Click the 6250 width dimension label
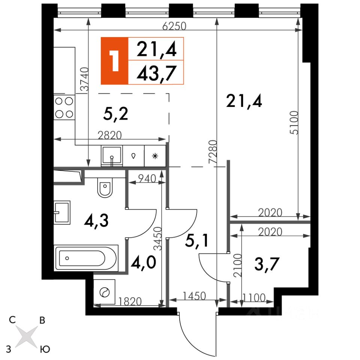tap(174, 26)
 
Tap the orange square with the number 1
tap(115, 61)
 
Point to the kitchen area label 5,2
tap(115, 114)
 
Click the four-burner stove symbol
tap(64, 108)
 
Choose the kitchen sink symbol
tap(112, 156)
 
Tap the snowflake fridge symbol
tap(155, 156)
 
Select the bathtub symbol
tap(86, 258)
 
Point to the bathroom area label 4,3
tap(96, 220)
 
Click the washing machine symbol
tap(105, 292)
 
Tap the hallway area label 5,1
tap(196, 241)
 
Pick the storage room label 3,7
tap(267, 264)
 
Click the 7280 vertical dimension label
tap(213, 152)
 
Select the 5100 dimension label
tap(294, 123)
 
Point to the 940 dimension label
tap(147, 178)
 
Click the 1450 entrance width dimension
tap(194, 296)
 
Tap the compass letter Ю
tap(45, 349)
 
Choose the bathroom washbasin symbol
tap(62, 213)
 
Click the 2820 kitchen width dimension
tap(109, 135)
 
